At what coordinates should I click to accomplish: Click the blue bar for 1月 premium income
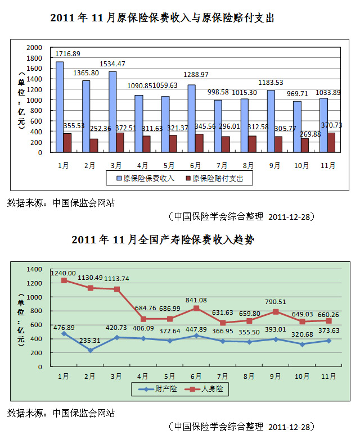(59, 107)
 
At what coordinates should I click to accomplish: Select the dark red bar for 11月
(331, 142)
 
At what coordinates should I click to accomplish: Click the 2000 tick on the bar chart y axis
(35, 47)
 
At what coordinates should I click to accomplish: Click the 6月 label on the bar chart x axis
(196, 166)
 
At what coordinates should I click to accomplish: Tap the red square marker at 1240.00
(64, 280)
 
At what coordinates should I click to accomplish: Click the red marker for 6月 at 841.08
(196, 308)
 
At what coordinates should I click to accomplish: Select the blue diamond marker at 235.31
(90, 350)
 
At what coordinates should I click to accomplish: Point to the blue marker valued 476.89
(64, 333)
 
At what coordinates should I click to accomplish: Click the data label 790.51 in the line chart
(275, 302)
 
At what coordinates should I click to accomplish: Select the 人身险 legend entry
(209, 388)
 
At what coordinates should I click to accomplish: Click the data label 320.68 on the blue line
(301, 334)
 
